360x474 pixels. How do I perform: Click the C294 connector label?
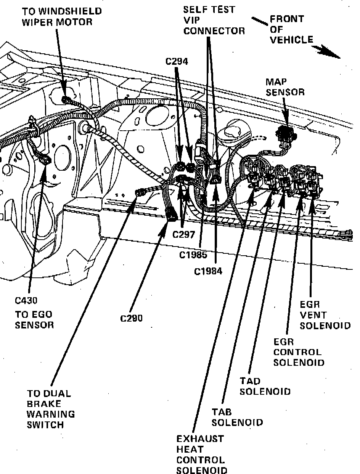(177, 61)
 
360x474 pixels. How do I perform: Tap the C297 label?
(184, 234)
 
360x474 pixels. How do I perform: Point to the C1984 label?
(208, 271)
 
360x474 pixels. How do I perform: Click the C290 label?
(131, 318)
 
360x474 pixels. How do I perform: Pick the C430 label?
(26, 301)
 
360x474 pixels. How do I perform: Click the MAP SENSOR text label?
(285, 87)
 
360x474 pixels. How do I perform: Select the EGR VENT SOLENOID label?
(325, 315)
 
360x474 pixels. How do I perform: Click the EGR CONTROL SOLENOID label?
(299, 352)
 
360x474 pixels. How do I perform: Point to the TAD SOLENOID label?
(265, 386)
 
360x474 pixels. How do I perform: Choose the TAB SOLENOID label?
(237, 417)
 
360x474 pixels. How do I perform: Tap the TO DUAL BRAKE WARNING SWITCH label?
(50, 409)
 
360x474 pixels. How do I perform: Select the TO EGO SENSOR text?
(34, 320)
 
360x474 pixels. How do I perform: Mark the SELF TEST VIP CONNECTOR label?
(214, 20)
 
